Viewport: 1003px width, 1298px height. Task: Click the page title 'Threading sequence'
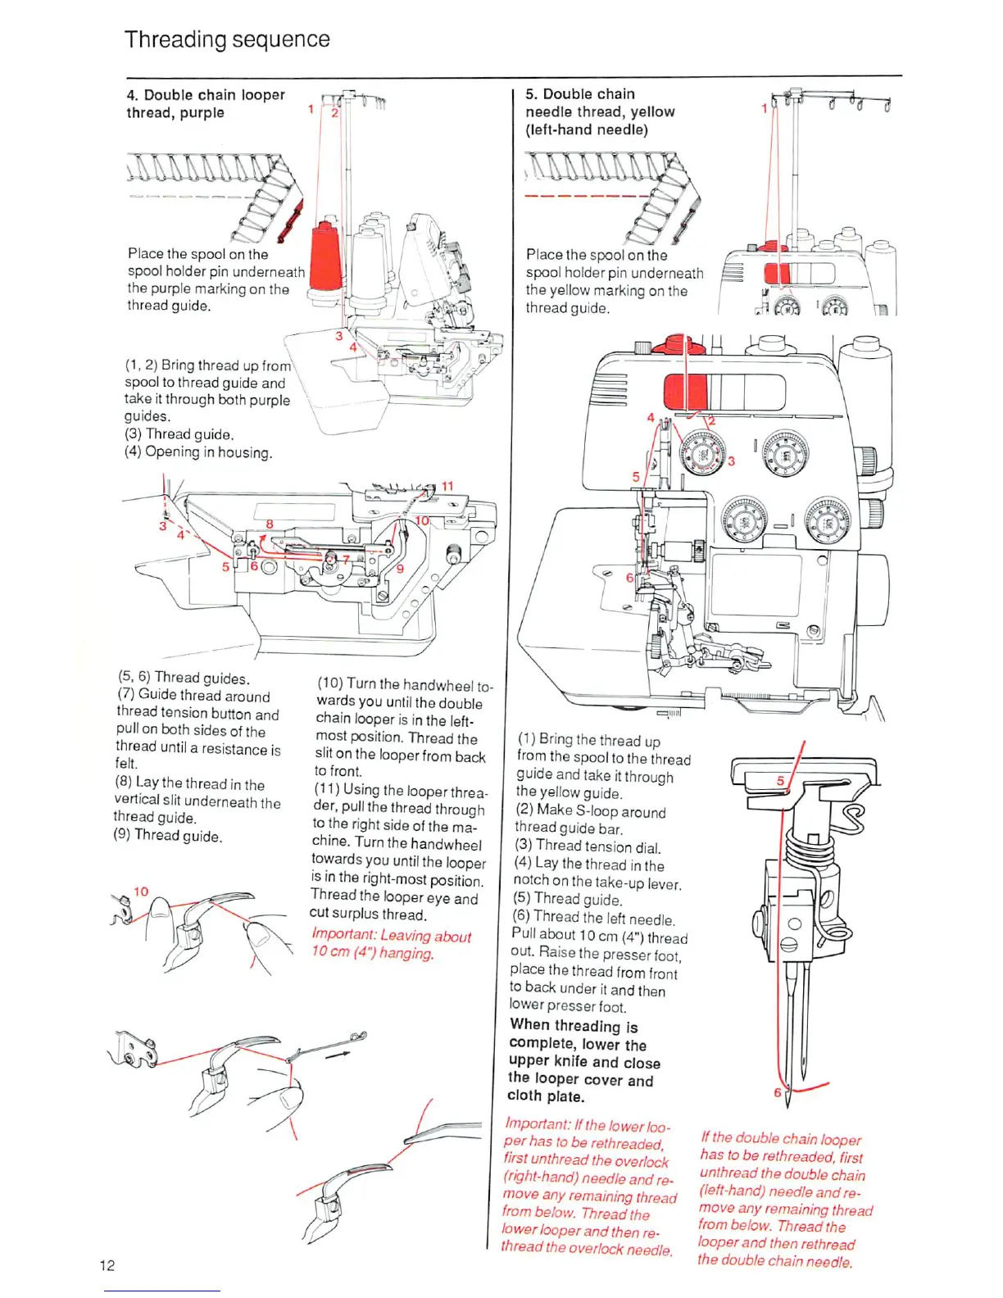coord(227,39)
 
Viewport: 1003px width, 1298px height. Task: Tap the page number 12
coord(107,1265)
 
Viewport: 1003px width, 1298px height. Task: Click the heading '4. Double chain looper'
coord(206,95)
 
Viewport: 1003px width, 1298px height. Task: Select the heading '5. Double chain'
coord(580,94)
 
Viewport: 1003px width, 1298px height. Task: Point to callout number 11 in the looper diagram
coord(447,486)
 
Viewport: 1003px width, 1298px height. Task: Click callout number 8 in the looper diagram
coord(269,524)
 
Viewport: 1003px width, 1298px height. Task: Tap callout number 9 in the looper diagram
coord(400,568)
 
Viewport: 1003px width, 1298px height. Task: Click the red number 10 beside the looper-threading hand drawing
coord(141,892)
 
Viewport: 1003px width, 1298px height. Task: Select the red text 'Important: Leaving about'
coord(391,936)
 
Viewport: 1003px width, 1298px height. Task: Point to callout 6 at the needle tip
coord(778,1092)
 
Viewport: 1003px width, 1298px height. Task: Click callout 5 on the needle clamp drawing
coord(780,781)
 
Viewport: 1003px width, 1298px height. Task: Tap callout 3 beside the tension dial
coord(732,461)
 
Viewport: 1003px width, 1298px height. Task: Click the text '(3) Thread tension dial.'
coord(588,847)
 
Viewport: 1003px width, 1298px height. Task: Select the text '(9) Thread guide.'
coord(168,836)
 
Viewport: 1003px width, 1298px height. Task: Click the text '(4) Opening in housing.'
coord(198,452)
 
